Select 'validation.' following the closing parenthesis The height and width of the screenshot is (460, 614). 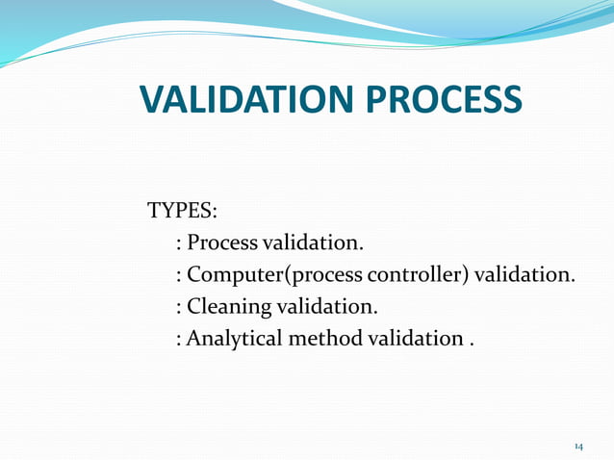[x=525, y=275]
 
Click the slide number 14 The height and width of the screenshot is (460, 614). [x=578, y=447]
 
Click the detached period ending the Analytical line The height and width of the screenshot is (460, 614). [x=472, y=345]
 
